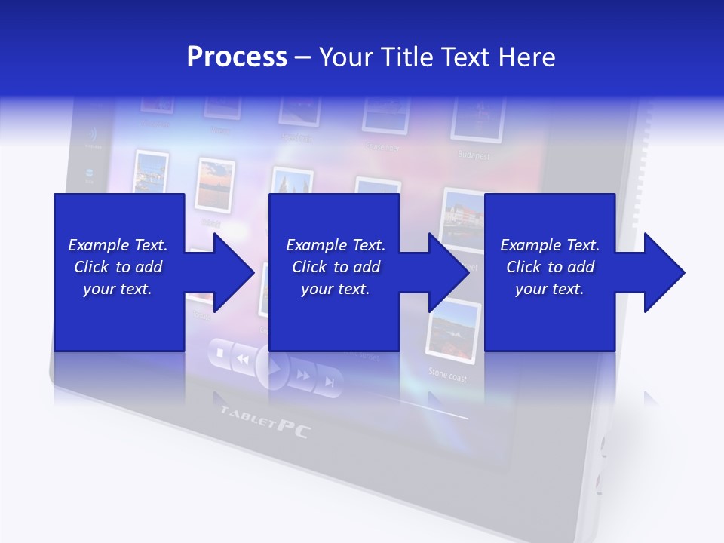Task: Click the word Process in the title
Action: tap(237, 57)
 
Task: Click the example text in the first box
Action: tap(118, 267)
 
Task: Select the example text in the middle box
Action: tap(335, 267)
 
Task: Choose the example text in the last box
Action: tap(550, 267)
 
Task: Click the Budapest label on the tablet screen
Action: tap(474, 155)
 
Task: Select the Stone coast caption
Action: tap(447, 373)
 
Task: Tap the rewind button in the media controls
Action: tap(242, 360)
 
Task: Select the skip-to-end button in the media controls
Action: tap(329, 382)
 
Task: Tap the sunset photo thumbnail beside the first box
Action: tap(215, 185)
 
